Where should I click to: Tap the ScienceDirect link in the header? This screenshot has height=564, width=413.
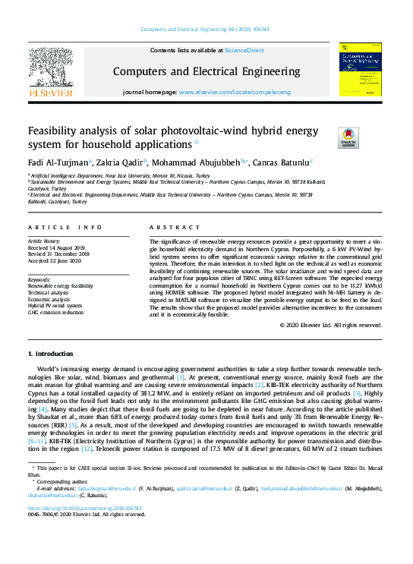tap(244, 50)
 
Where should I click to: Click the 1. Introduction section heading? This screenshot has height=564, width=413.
tap(53, 354)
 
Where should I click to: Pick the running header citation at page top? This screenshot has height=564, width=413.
tap(206, 30)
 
